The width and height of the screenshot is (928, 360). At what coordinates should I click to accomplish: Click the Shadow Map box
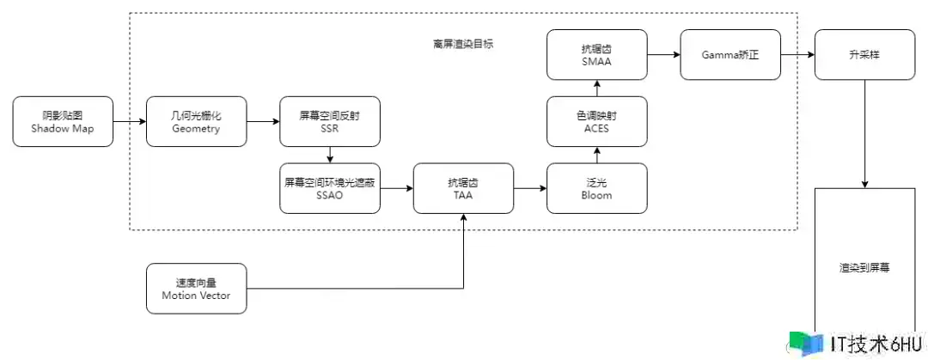point(63,121)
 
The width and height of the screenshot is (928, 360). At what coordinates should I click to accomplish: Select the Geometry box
point(196,121)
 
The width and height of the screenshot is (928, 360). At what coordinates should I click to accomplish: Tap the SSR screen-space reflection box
point(330,121)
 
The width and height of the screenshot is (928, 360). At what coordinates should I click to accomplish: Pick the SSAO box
point(330,188)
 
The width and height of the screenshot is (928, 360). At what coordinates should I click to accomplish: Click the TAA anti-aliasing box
point(463,188)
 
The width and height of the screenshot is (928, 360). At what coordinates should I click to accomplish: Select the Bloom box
point(597,188)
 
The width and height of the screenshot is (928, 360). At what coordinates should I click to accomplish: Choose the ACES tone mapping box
point(597,121)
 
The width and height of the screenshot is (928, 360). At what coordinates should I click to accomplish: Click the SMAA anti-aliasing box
point(597,55)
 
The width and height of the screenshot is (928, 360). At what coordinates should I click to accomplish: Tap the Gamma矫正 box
point(730,55)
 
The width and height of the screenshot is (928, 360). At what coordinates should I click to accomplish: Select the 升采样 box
point(864,55)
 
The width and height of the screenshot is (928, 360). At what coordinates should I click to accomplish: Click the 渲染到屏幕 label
point(864,267)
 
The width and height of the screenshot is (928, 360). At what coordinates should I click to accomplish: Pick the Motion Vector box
point(196,289)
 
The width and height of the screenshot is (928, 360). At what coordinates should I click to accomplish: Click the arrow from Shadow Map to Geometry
point(129,121)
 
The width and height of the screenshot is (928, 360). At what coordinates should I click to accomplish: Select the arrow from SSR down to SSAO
point(330,155)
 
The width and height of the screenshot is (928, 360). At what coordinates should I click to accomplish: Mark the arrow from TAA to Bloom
point(530,188)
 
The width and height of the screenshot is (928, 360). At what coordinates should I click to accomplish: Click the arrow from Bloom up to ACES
point(597,155)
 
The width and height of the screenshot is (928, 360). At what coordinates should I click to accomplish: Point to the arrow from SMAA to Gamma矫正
point(663,55)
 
